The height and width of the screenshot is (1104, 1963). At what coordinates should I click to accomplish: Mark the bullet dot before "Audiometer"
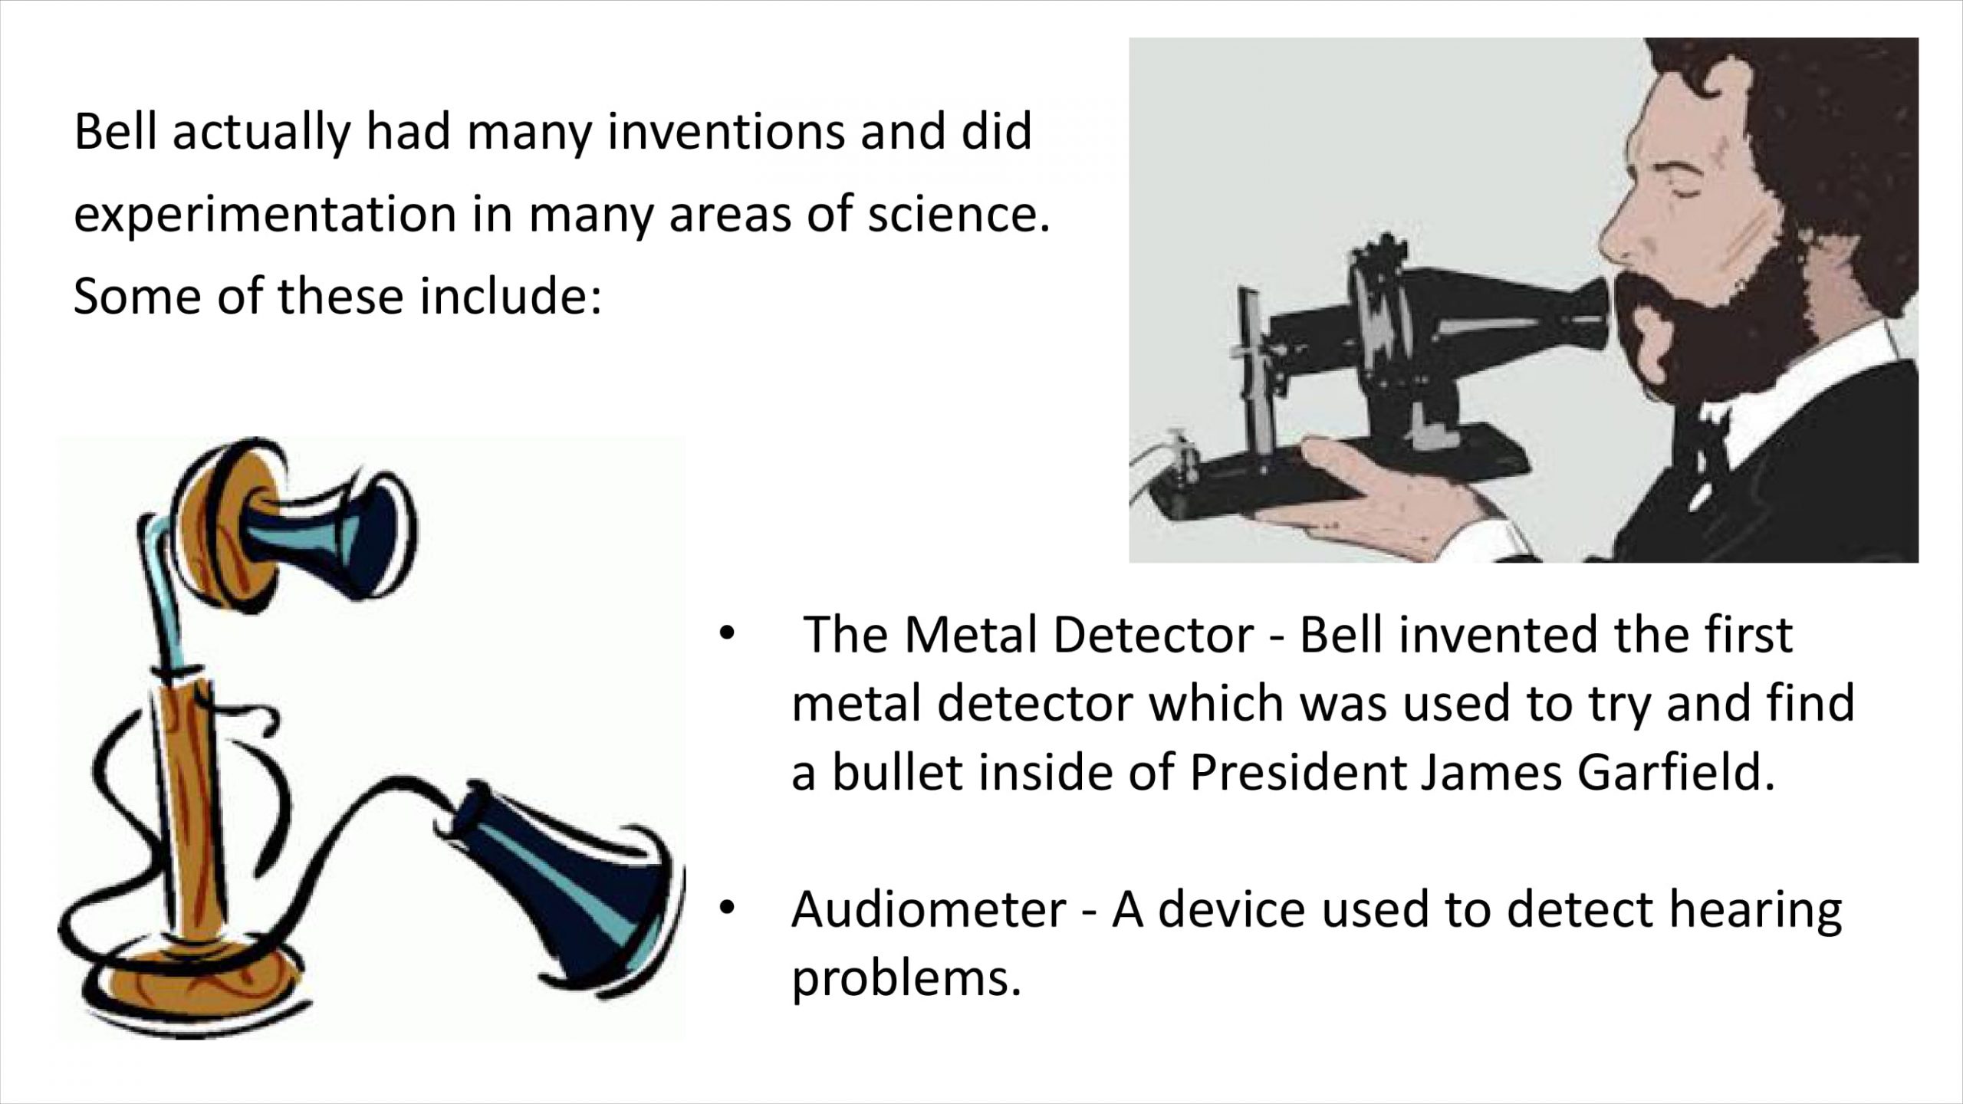[x=726, y=908]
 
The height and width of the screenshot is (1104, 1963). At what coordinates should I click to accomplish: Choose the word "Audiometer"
[x=929, y=909]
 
